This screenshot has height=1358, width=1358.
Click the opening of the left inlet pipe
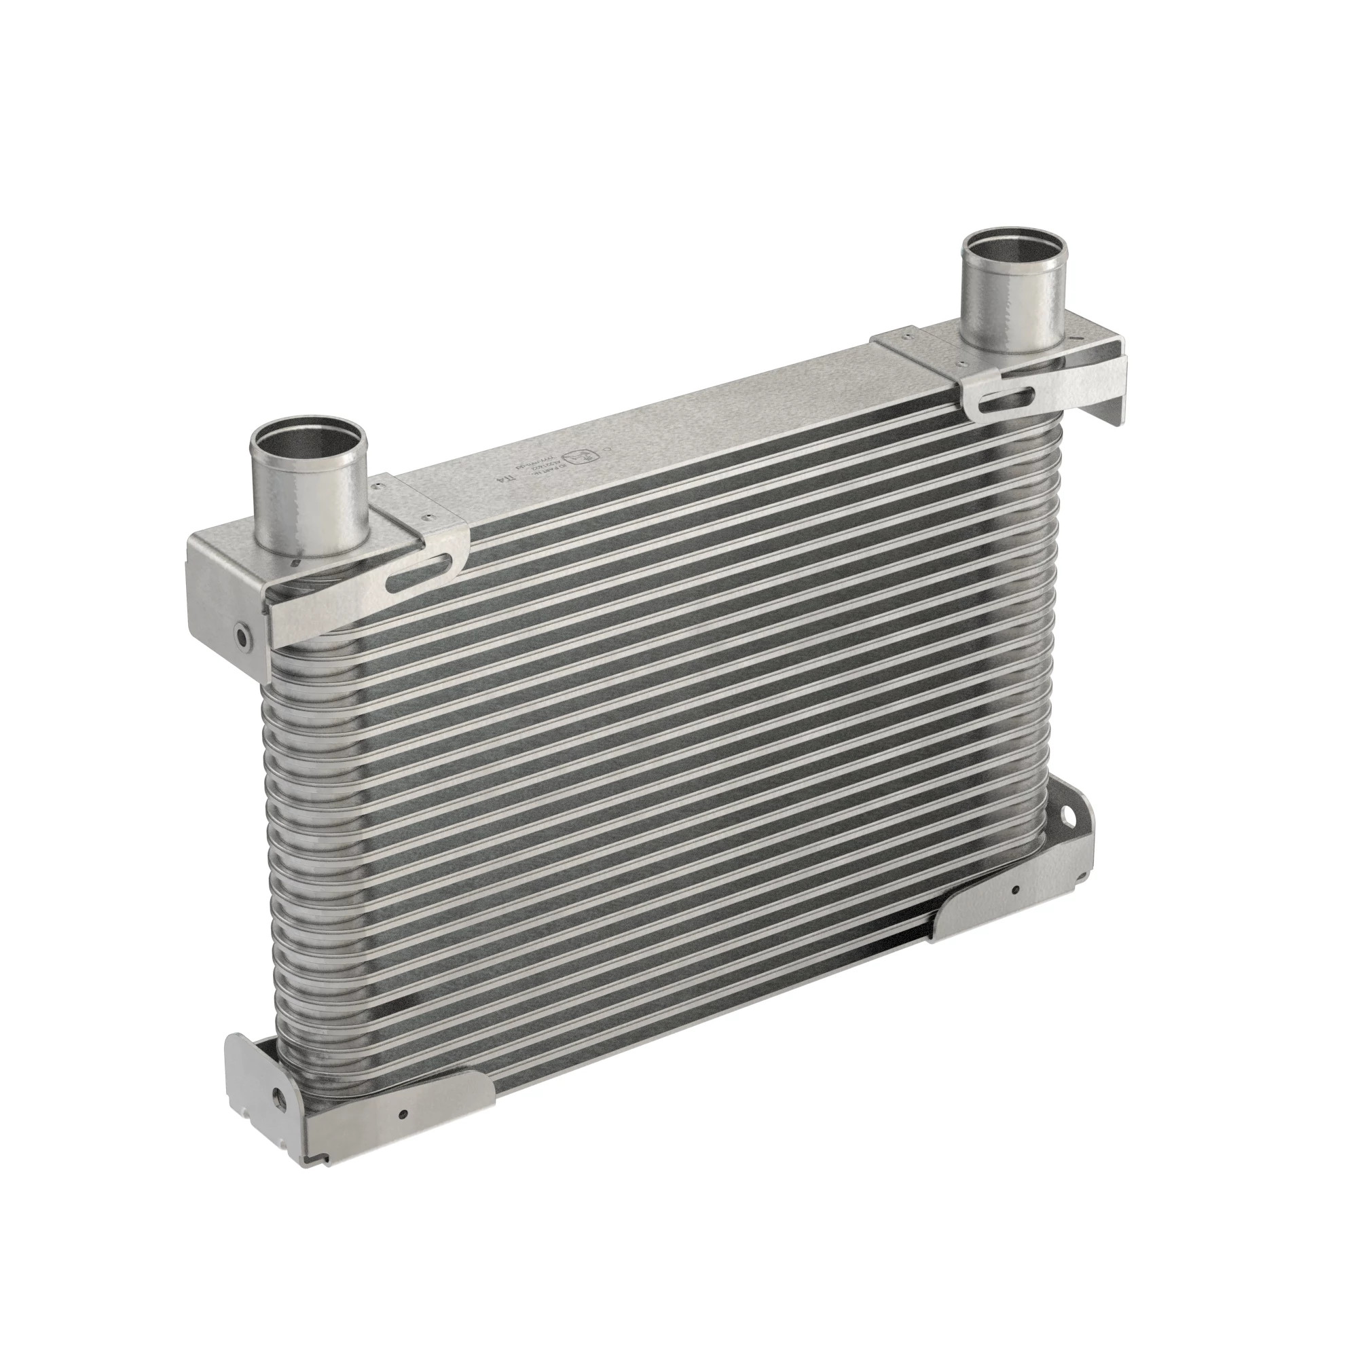tap(309, 442)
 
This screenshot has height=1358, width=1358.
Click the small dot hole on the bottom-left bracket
tap(403, 1114)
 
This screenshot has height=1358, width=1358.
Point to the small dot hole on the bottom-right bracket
tap(1015, 890)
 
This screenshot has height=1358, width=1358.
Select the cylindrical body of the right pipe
tap(1012, 309)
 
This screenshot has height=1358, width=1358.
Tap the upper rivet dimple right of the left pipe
tap(380, 483)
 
